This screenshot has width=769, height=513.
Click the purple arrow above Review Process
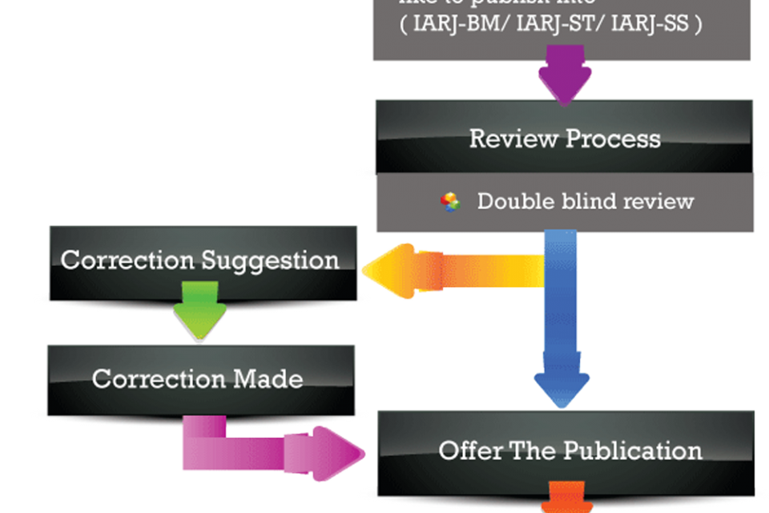562,74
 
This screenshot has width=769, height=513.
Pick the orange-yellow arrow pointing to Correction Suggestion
449,271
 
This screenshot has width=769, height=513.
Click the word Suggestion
270,260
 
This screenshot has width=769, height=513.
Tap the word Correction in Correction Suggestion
128,260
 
